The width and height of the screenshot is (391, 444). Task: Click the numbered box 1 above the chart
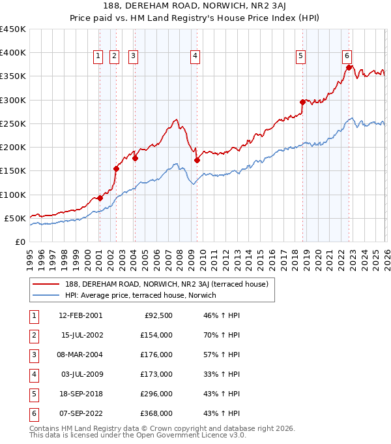(x=98, y=57)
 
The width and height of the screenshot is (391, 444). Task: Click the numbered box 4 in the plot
(x=195, y=57)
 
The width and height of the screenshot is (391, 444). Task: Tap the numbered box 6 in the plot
(x=347, y=57)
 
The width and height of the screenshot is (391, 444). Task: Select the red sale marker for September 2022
(x=349, y=67)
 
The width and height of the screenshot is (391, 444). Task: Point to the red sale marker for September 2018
(x=303, y=102)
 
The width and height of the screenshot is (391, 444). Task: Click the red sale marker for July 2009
(x=197, y=159)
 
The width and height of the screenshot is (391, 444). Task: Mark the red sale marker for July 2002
(x=117, y=168)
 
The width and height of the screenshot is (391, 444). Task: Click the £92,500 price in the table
(x=160, y=315)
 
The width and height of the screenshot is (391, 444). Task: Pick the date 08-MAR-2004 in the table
(x=80, y=355)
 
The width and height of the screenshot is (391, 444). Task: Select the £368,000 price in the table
(x=157, y=413)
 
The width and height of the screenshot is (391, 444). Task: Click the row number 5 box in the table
(x=32, y=394)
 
